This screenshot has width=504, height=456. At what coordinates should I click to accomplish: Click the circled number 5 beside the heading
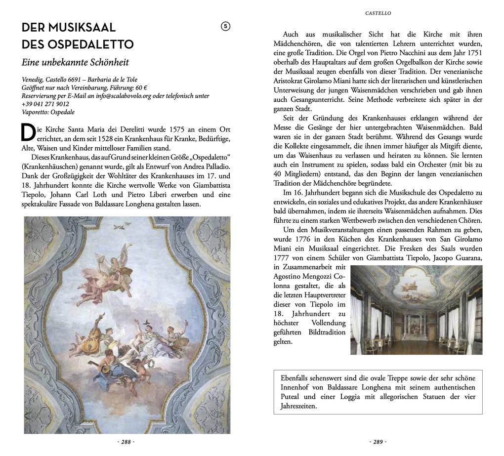click(x=225, y=27)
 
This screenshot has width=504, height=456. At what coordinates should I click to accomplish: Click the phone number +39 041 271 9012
click(x=45, y=104)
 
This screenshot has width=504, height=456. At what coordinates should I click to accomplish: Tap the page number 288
click(x=126, y=442)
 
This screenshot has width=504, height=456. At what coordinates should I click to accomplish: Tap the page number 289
click(x=378, y=442)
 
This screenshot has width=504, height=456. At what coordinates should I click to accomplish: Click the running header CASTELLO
click(x=378, y=13)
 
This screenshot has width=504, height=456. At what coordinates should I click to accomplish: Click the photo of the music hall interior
click(x=416, y=310)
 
